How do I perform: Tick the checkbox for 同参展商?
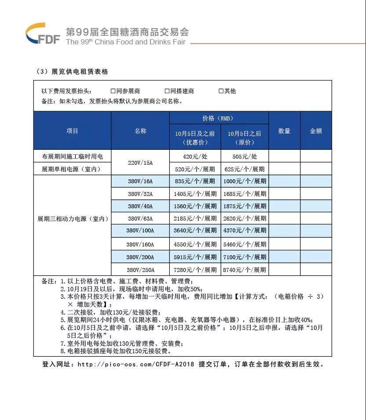[x=113, y=91]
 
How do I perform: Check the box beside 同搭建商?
[x=167, y=91]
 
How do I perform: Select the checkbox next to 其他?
[x=221, y=91]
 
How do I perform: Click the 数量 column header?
[x=284, y=131]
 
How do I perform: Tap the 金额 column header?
[x=316, y=131]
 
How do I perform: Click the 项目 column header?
[x=72, y=131]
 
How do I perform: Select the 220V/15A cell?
[x=140, y=163]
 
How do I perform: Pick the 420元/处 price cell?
[x=195, y=156]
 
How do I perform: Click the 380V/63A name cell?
[x=140, y=218]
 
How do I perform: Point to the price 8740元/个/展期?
[x=244, y=269]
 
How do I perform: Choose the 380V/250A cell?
[x=140, y=269]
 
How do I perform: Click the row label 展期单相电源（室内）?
[x=72, y=169]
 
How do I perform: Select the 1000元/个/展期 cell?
[x=244, y=181]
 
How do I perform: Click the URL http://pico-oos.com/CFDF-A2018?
[x=135, y=364]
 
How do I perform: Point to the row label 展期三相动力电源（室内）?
[x=72, y=218]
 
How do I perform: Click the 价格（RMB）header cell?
[x=219, y=118]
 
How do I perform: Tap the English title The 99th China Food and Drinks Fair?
[x=125, y=42]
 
